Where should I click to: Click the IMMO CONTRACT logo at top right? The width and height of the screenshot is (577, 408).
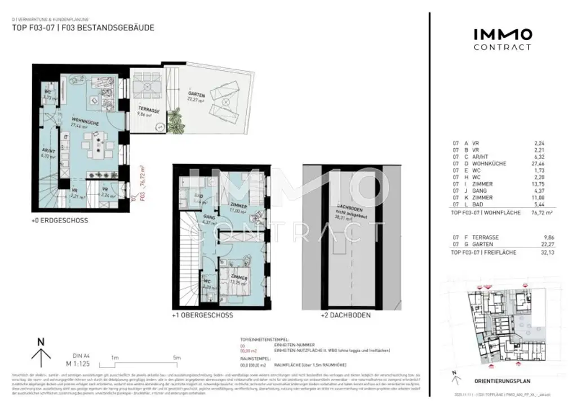tap(501, 39)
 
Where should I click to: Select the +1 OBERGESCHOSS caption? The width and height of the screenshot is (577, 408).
tap(202, 316)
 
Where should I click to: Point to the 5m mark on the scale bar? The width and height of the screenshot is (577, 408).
tap(176, 358)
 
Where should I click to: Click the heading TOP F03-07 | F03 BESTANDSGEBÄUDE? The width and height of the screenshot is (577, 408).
tap(83, 28)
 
